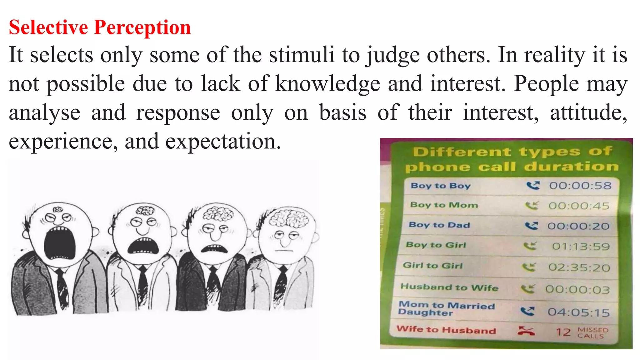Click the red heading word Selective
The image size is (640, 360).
pyautogui.click(x=48, y=27)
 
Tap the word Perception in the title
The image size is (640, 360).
pyautogui.click(x=142, y=27)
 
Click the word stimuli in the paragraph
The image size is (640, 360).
pyautogui.click(x=302, y=55)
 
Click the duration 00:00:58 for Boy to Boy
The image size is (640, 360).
pyautogui.click(x=580, y=186)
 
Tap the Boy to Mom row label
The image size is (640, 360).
pyautogui.click(x=444, y=205)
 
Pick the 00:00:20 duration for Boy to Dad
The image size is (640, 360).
pyautogui.click(x=578, y=226)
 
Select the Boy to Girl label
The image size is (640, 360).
pyautogui.click(x=436, y=245)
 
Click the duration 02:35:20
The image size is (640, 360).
pyautogui.click(x=579, y=267)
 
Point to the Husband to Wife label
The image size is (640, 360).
pyautogui.click(x=449, y=287)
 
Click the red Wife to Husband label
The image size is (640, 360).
pyautogui.click(x=446, y=330)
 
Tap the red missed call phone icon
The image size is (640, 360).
pyautogui.click(x=526, y=331)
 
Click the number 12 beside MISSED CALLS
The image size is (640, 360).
pyautogui.click(x=563, y=332)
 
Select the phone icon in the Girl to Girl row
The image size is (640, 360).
pyautogui.click(x=529, y=267)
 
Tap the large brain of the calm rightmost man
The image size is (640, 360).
pyautogui.click(x=289, y=217)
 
